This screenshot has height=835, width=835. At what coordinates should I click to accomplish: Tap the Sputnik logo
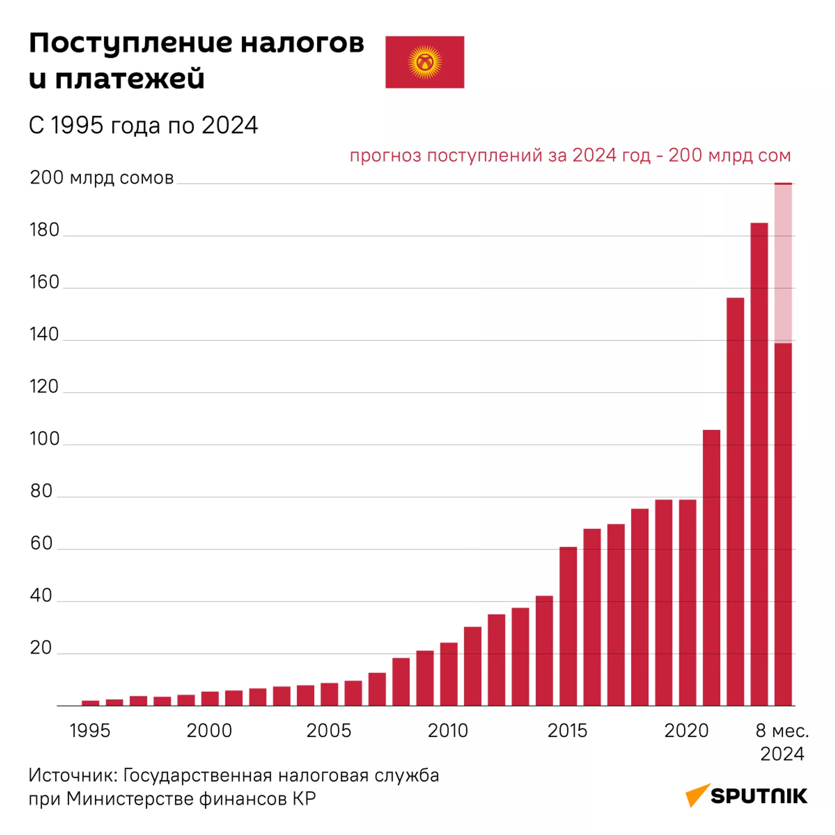(746, 795)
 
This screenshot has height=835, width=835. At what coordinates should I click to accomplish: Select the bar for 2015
(568, 626)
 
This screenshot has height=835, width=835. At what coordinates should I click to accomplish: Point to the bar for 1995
(90, 703)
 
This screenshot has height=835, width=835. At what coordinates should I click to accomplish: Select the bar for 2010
(449, 674)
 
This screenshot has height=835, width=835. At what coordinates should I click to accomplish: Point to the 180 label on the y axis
(44, 230)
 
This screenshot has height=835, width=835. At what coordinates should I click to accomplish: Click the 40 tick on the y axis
(41, 595)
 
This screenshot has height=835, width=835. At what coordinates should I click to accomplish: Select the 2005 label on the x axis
(328, 731)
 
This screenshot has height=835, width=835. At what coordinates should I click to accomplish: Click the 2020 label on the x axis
(686, 731)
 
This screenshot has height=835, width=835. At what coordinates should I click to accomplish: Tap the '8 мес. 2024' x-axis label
(782, 741)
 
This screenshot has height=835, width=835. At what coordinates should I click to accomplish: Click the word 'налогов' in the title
(302, 43)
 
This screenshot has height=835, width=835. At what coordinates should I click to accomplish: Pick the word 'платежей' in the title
(130, 79)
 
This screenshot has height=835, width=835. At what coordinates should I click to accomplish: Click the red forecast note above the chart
(570, 155)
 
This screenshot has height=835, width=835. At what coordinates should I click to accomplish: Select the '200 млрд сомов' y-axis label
(102, 178)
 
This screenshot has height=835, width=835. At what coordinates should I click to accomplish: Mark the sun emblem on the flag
(425, 62)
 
